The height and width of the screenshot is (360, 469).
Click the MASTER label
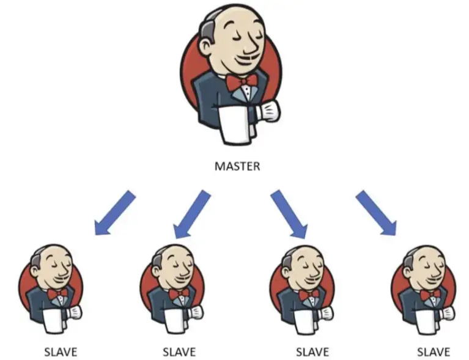click(237, 166)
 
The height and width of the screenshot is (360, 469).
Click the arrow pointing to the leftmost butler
click(114, 213)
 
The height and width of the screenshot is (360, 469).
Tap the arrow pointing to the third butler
click(289, 213)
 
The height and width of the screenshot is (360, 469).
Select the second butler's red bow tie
click(179, 294)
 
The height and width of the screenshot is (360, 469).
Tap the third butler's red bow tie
click(309, 294)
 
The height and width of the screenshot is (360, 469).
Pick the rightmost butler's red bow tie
click(431, 294)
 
